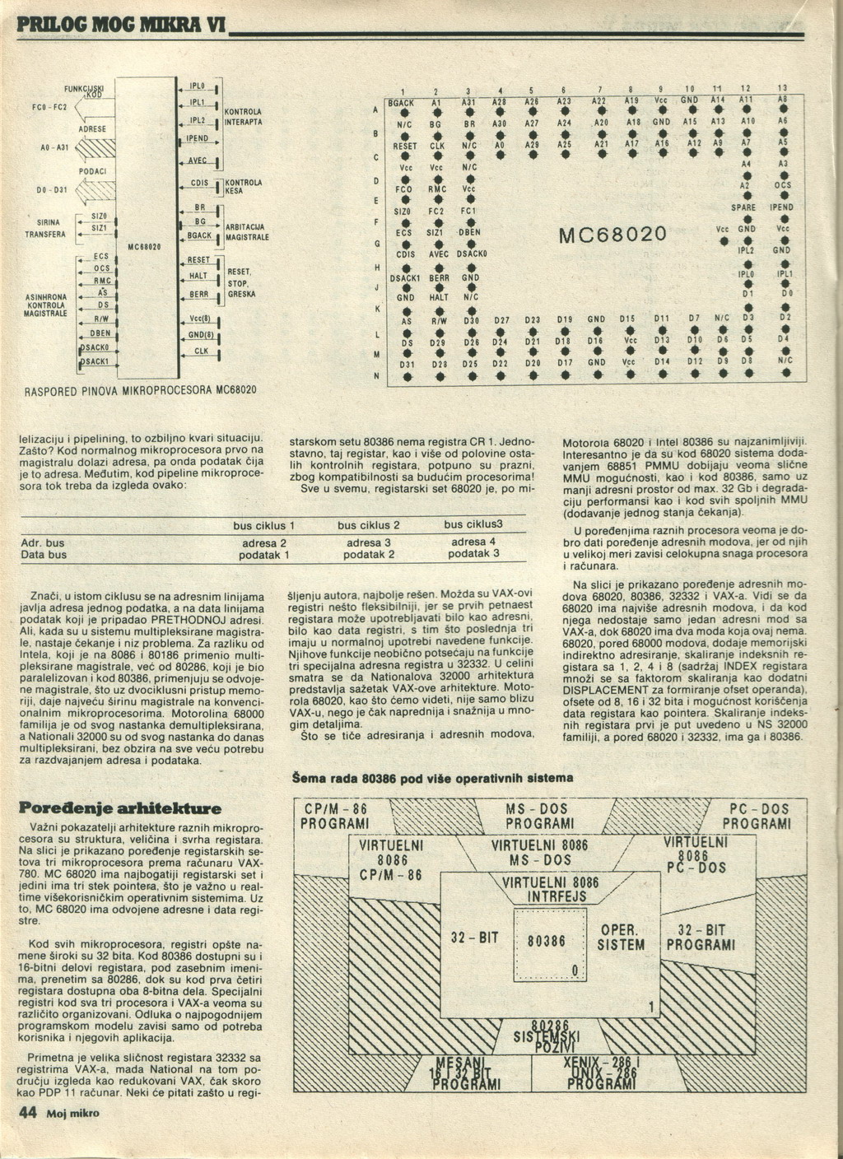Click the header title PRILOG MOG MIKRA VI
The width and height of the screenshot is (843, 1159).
(114, 25)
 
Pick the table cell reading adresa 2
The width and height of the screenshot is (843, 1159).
(264, 542)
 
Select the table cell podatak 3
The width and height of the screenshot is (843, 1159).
(473, 553)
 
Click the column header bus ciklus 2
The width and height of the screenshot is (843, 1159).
(368, 525)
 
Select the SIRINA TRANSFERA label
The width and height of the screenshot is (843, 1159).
(50, 228)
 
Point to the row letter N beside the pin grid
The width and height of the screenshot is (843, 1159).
(376, 376)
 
